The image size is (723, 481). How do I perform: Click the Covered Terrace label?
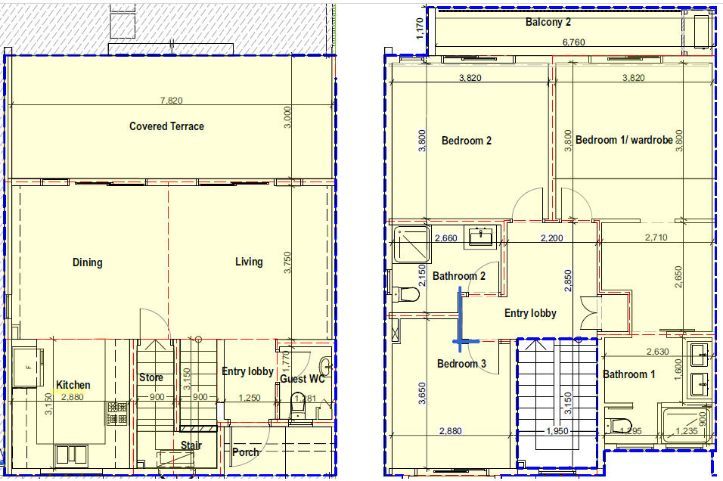point(166,126)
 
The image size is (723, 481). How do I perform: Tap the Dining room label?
point(87,262)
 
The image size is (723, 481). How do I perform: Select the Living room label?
point(249,262)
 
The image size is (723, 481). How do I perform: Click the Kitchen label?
point(73,385)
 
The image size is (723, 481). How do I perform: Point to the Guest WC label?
point(303,379)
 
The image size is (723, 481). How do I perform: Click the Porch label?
point(245,452)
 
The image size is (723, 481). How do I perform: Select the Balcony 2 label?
point(548,22)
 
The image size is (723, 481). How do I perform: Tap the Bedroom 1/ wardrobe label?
point(624,140)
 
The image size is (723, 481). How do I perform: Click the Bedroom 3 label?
point(461,364)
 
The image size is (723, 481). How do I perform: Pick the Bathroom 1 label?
point(628,374)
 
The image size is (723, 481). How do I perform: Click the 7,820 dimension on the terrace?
point(171,100)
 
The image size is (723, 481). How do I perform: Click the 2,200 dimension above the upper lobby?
point(551,239)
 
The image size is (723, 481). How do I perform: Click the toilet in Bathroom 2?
point(408,293)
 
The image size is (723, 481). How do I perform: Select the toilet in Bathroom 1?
point(619,424)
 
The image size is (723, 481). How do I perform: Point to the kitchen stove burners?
point(118,412)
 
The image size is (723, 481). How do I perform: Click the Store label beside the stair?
point(151,377)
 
